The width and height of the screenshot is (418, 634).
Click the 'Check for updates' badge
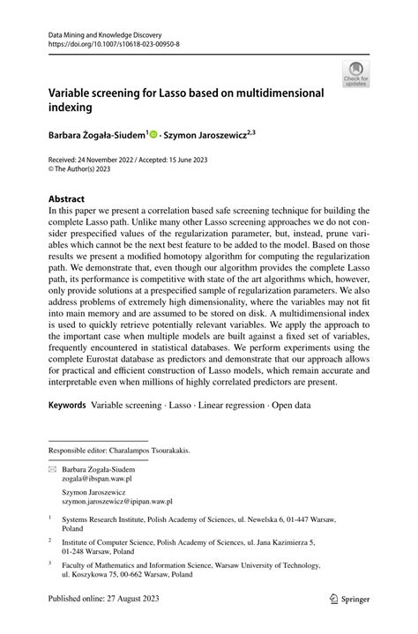[357, 74]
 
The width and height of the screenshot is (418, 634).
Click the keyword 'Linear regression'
[245, 405]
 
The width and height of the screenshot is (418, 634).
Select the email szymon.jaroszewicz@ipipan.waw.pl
[119, 507]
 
